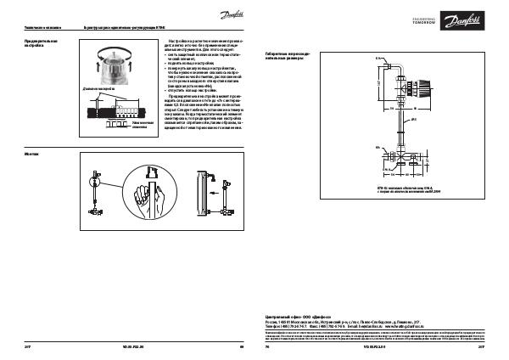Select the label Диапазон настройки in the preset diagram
pos(98,88)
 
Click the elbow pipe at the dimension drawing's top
pos(394,63)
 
